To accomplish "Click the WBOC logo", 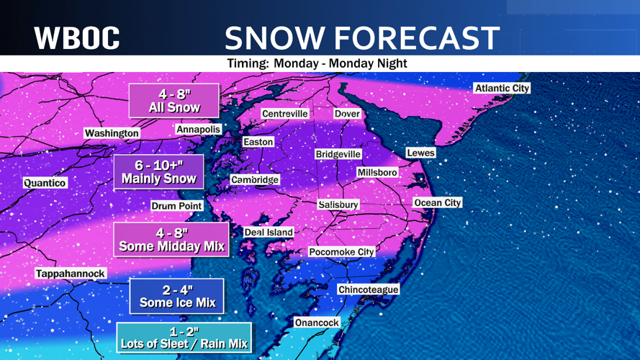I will click(x=77, y=37).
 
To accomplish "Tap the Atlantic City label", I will click(x=502, y=88).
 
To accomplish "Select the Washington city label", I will click(x=112, y=133).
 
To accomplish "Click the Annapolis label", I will click(x=198, y=130).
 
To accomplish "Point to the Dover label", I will click(x=347, y=114).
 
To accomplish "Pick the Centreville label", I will click(x=285, y=114).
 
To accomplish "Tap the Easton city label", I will click(x=258, y=142).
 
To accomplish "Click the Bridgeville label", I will click(x=338, y=154).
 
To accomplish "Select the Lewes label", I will click(x=420, y=153).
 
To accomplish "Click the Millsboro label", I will click(x=378, y=173).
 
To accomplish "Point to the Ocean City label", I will click(x=437, y=203).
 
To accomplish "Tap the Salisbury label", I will click(x=338, y=204).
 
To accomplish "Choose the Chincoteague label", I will click(x=368, y=289).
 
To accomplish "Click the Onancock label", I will click(x=317, y=323).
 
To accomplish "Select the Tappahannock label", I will click(x=71, y=274).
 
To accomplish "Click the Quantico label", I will click(x=45, y=183).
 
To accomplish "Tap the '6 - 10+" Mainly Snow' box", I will click(x=158, y=172).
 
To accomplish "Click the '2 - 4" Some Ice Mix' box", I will click(x=176, y=296).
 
